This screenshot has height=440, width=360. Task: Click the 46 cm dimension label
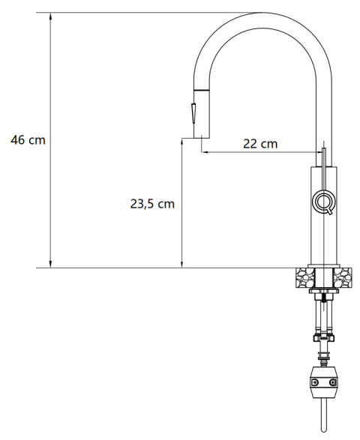(x=28, y=139)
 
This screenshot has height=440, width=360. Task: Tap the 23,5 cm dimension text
(x=152, y=204)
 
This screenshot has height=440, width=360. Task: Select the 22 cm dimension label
(x=260, y=144)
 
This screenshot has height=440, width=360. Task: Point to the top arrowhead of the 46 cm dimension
(x=50, y=16)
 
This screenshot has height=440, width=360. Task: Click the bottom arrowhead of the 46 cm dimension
(x=50, y=265)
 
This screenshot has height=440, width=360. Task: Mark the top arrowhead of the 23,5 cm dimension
(x=181, y=142)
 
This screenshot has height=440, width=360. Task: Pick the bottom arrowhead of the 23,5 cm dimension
(x=181, y=265)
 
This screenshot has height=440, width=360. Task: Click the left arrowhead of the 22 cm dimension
(x=205, y=152)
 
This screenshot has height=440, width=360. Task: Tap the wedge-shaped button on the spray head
(x=193, y=112)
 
